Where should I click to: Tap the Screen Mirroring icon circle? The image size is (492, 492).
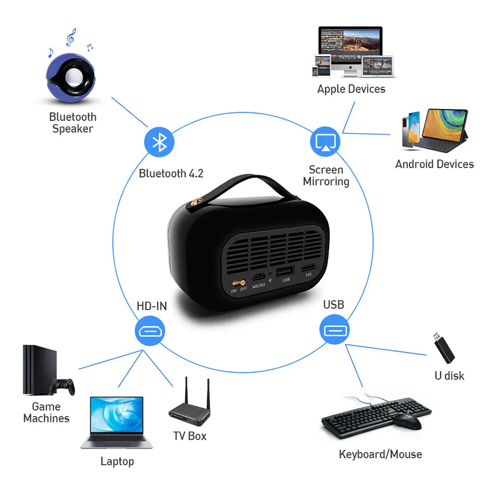tap(325, 142)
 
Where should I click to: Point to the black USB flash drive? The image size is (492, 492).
tap(443, 347)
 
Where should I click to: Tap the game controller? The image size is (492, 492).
tap(64, 387)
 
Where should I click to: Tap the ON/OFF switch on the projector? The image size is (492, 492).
tap(240, 283)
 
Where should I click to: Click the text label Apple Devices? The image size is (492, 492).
tap(351, 89)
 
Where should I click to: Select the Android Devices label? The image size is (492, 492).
tap(434, 164)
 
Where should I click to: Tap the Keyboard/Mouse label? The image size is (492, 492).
tap(380, 454)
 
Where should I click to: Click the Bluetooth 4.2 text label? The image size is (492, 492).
tap(171, 174)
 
